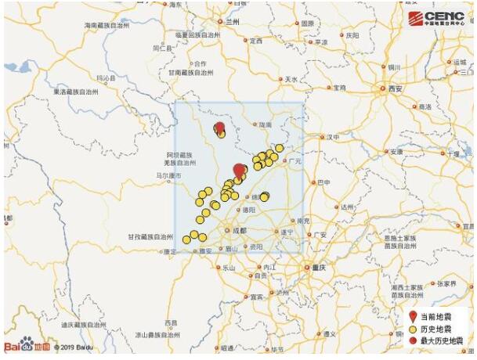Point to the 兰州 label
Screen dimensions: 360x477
[232, 22]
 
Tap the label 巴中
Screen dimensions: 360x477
[322, 182]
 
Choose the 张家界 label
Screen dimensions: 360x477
[447, 283]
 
